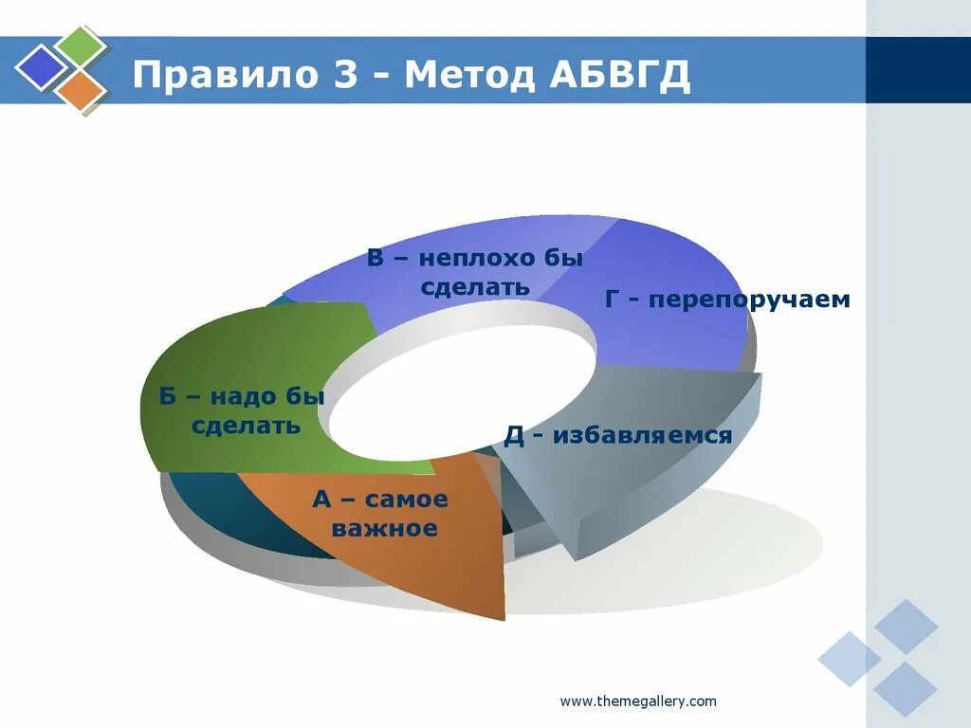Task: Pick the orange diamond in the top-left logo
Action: click(80, 90)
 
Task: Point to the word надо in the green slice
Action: click(246, 397)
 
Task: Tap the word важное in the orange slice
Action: click(384, 528)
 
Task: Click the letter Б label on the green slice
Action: click(168, 397)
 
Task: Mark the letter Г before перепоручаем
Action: click(613, 300)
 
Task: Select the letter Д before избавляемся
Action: click(514, 435)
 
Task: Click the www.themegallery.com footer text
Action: click(638, 701)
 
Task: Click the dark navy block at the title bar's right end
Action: click(918, 69)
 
